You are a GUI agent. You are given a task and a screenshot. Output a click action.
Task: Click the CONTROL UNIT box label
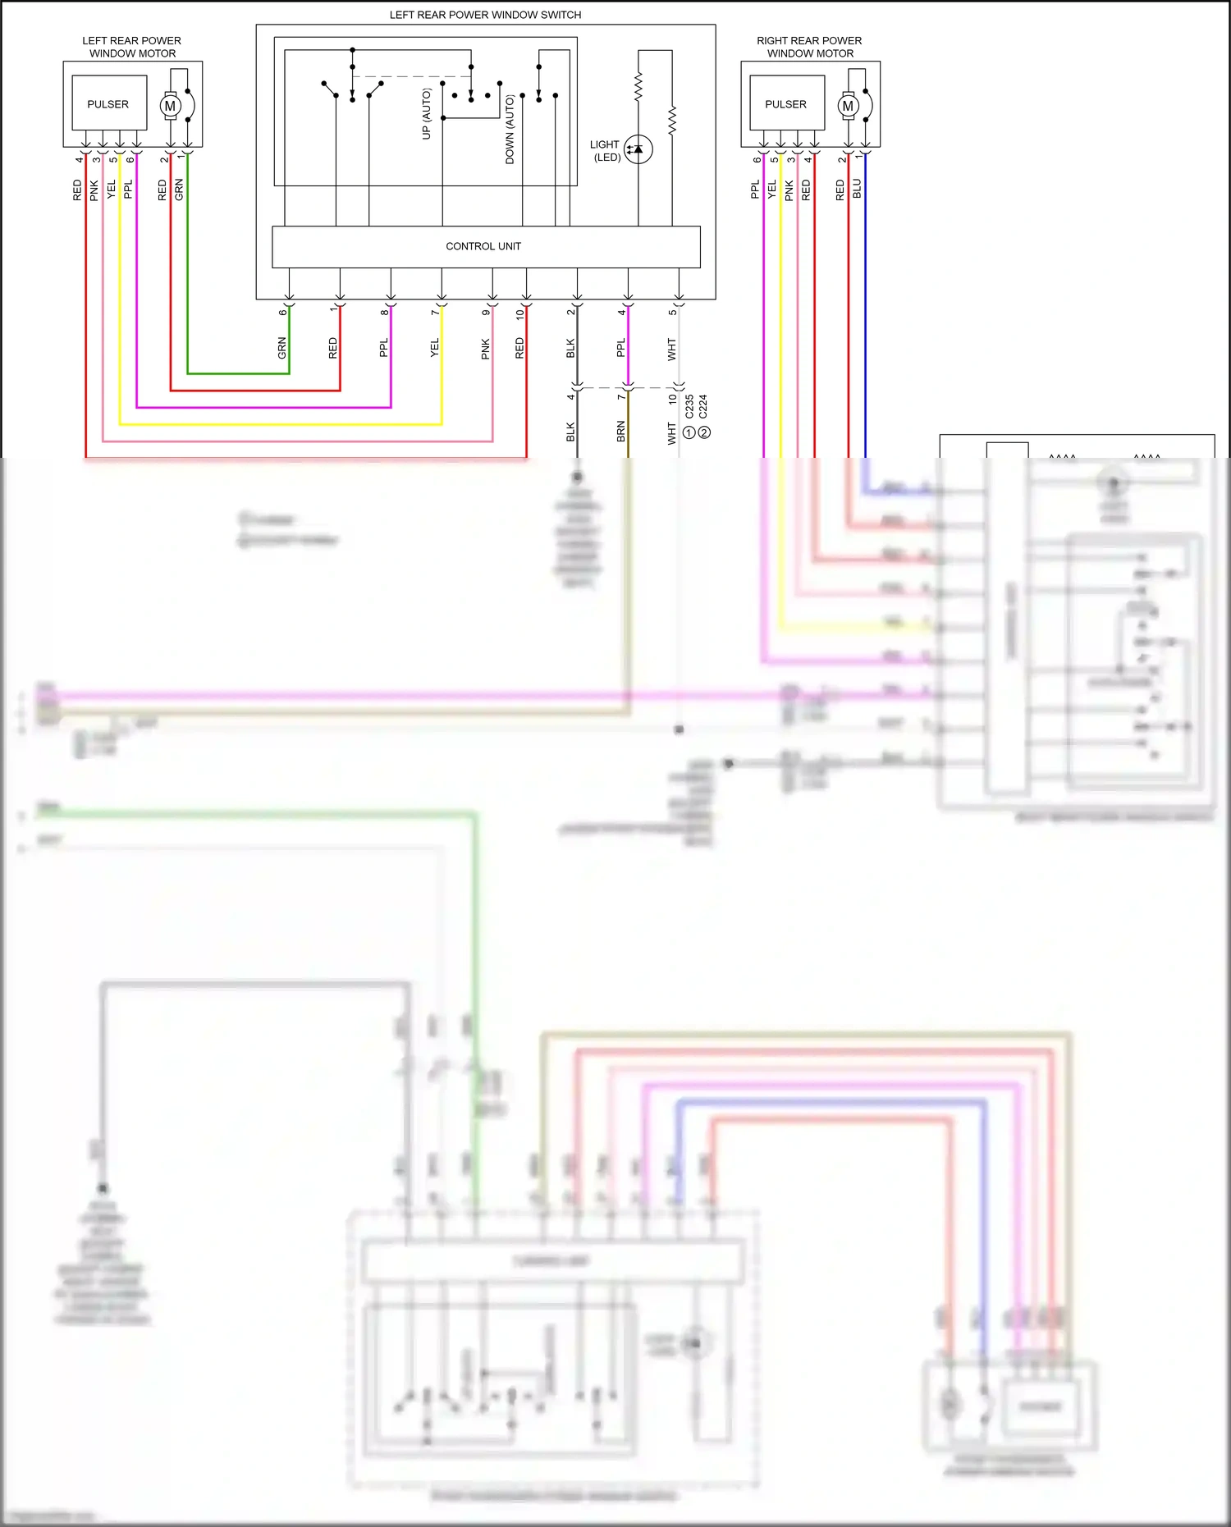483,246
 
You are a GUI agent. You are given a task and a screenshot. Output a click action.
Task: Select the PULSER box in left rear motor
108,103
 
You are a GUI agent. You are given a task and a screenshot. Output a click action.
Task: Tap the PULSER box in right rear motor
786,103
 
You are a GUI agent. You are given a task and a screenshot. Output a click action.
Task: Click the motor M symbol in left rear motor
171,106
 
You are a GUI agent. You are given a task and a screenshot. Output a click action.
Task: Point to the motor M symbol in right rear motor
849,106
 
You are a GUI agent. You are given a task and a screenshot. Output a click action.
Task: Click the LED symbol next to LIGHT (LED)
638,149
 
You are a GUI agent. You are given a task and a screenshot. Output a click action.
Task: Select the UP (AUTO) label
426,113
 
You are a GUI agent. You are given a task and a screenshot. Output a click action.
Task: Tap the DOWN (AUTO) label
510,130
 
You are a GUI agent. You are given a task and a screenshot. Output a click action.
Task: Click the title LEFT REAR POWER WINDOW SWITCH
485,15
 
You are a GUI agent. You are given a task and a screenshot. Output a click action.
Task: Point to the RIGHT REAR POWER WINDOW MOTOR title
809,47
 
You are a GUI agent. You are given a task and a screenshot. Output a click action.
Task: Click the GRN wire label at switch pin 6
282,348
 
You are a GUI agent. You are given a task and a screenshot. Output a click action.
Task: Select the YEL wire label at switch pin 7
435,348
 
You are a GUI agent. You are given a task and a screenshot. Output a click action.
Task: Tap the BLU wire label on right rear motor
857,189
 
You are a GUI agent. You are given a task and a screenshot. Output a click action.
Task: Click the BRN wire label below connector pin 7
621,432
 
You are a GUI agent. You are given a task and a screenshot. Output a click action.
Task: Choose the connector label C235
689,406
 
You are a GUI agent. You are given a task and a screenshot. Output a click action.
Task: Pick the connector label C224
703,406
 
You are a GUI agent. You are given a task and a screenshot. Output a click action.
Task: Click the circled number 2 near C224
704,432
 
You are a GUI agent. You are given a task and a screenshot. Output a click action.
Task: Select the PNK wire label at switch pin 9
486,349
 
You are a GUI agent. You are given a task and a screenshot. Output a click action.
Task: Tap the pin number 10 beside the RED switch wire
519,313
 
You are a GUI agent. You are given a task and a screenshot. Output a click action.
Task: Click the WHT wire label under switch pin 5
672,349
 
